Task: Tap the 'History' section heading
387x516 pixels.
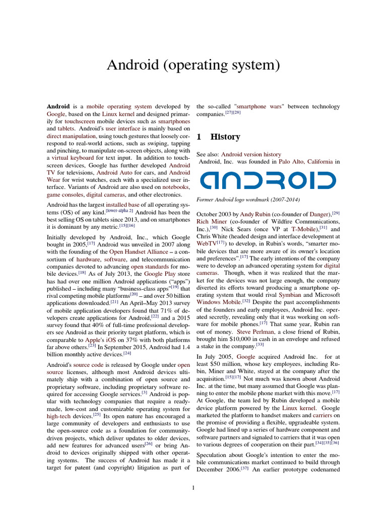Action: click(225, 137)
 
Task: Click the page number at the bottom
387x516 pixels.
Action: click(193, 487)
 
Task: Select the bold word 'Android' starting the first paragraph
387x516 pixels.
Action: click(58, 107)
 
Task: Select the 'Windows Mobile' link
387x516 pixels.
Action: click(218, 301)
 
